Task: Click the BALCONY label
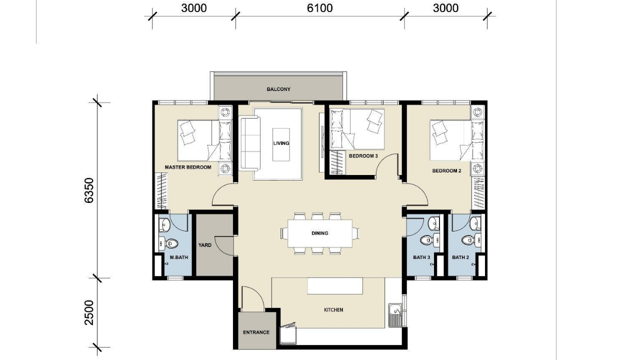pyautogui.click(x=278, y=89)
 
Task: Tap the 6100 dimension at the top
pyautogui.click(x=319, y=8)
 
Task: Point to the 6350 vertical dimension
pyautogui.click(x=89, y=190)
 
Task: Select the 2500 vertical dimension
pyautogui.click(x=89, y=312)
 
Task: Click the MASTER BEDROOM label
pyautogui.click(x=188, y=167)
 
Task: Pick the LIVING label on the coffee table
pyautogui.click(x=281, y=143)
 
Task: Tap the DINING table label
pyautogui.click(x=319, y=233)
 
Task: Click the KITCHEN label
pyautogui.click(x=333, y=310)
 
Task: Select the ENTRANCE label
pyautogui.click(x=256, y=332)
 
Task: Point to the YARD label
pyautogui.click(x=205, y=245)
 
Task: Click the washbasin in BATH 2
pyautogui.click(x=475, y=222)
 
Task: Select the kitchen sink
pyautogui.click(x=395, y=315)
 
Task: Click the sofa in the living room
pyautogui.click(x=249, y=143)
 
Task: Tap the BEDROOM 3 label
pyautogui.click(x=363, y=156)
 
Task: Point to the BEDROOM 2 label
pyautogui.click(x=446, y=171)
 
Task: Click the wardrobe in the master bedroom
pyautogui.click(x=161, y=191)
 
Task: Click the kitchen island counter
pyautogui.click(x=335, y=286)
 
